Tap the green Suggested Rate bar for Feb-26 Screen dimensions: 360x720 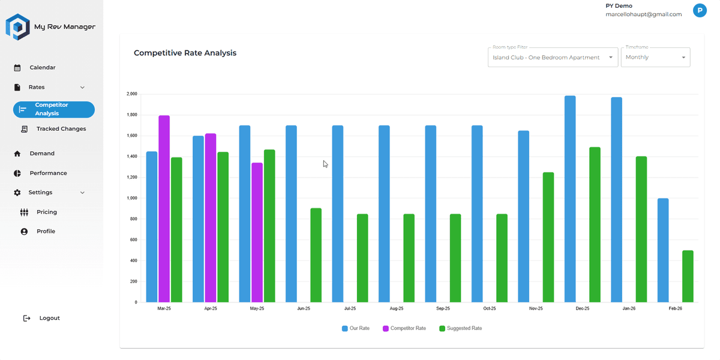click(688, 277)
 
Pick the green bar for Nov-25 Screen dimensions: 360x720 click(548, 238)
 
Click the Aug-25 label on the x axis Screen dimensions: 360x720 click(397, 308)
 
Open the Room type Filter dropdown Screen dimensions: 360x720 click(553, 58)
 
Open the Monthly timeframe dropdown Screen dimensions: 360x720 click(655, 58)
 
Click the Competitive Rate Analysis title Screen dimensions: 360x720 click(185, 53)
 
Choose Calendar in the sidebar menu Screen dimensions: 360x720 click(43, 68)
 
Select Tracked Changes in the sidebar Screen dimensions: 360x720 click(61, 129)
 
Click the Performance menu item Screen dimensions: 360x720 click(48, 173)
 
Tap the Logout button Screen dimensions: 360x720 click(49, 318)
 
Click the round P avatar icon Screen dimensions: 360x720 click(699, 10)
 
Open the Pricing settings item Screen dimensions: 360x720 click(47, 212)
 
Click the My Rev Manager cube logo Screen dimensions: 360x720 click(17, 27)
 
